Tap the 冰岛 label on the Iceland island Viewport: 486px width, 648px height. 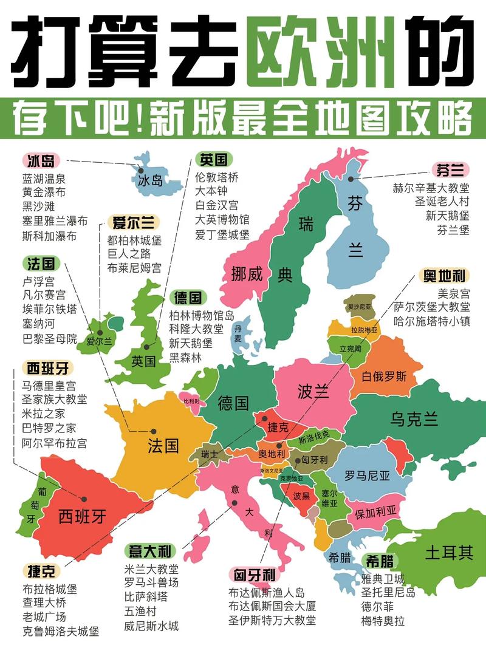tap(151, 180)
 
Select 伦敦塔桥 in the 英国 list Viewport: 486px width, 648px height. tap(217, 177)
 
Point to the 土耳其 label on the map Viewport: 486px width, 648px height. tap(448, 553)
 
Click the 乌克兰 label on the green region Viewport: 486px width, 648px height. tap(414, 419)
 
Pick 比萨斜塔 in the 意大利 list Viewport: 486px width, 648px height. tap(146, 597)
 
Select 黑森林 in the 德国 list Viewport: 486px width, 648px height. tap(185, 358)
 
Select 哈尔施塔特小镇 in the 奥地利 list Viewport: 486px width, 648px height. tap(432, 322)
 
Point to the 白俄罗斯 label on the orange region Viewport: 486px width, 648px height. tap(384, 377)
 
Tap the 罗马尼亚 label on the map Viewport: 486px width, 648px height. tap(367, 476)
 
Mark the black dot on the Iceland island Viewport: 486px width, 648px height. tap(140, 171)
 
